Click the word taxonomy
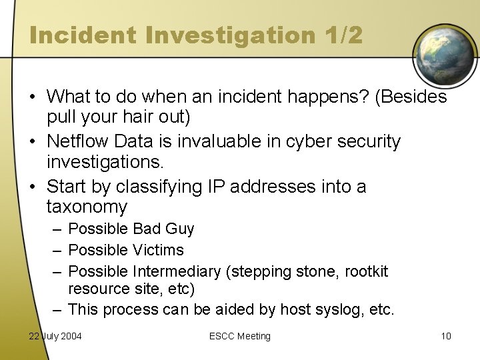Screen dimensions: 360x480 [87, 207]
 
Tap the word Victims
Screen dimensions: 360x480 [159, 250]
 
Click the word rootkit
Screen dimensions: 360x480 [365, 271]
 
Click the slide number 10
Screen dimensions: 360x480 [445, 336]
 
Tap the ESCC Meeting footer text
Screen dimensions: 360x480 [239, 336]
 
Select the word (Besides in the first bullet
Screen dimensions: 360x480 [411, 98]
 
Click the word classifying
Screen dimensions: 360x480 [159, 186]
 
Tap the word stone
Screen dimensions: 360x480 [316, 271]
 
